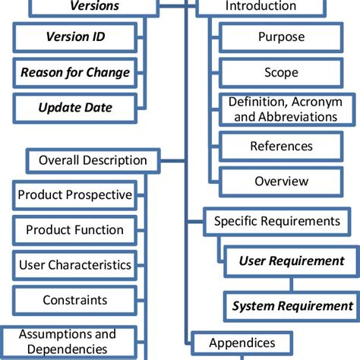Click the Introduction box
point(261,7)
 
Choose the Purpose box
point(281,36)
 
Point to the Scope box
point(281,73)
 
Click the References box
point(281,145)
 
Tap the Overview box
point(281,182)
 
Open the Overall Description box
point(93,160)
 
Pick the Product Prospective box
point(74,195)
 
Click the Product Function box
point(74,229)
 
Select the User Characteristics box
point(74,265)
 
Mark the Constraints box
point(74,300)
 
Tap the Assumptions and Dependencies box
point(67,341)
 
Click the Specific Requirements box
point(276,221)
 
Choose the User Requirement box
point(291,261)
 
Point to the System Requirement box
point(292,306)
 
